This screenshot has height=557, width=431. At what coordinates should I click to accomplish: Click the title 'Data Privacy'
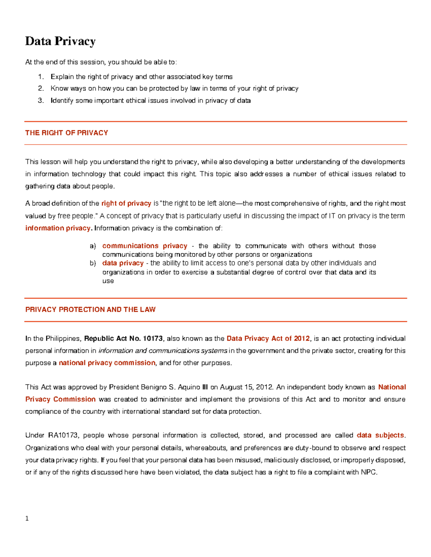point(60,41)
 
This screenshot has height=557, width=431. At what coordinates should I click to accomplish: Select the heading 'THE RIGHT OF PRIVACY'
point(66,133)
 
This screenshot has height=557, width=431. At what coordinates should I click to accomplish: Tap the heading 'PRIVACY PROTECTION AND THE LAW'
point(90,310)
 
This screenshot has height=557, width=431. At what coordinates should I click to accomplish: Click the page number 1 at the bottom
point(27,518)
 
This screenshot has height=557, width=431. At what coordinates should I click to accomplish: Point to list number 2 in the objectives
point(41,89)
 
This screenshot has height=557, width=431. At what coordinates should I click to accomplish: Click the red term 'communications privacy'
point(145,246)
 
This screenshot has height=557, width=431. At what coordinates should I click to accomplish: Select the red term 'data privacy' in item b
point(123,263)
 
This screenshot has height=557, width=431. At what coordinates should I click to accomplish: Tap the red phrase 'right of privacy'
point(126,203)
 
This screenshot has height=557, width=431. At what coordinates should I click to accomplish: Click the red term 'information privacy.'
point(59,228)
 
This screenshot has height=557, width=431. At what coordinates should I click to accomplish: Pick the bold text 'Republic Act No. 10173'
point(123,339)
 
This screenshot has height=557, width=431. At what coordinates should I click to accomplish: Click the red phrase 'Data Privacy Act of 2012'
point(268,339)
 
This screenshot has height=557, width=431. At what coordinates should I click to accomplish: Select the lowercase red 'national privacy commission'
point(107,363)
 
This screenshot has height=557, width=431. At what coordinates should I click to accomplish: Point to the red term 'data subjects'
point(380,435)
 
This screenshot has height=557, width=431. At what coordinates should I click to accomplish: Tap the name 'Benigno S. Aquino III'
point(175,387)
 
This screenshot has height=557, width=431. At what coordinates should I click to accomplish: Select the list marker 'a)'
point(93,246)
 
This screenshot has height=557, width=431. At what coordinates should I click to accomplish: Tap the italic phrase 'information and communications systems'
point(163,351)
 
